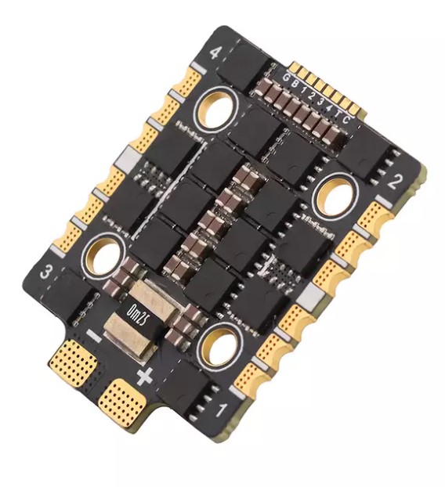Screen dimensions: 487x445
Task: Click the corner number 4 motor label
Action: point(217,55)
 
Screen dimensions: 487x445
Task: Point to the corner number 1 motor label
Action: point(221,409)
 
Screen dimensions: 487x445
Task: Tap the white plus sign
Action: point(143,377)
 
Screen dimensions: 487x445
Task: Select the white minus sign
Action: point(94,339)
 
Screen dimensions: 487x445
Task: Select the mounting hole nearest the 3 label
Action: point(101,254)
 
